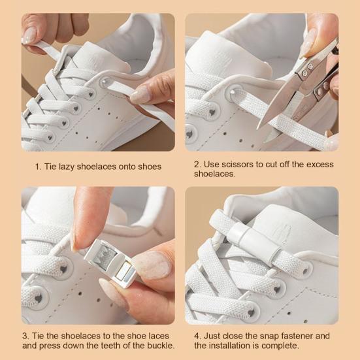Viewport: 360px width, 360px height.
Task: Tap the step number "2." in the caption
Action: (x=197, y=164)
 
